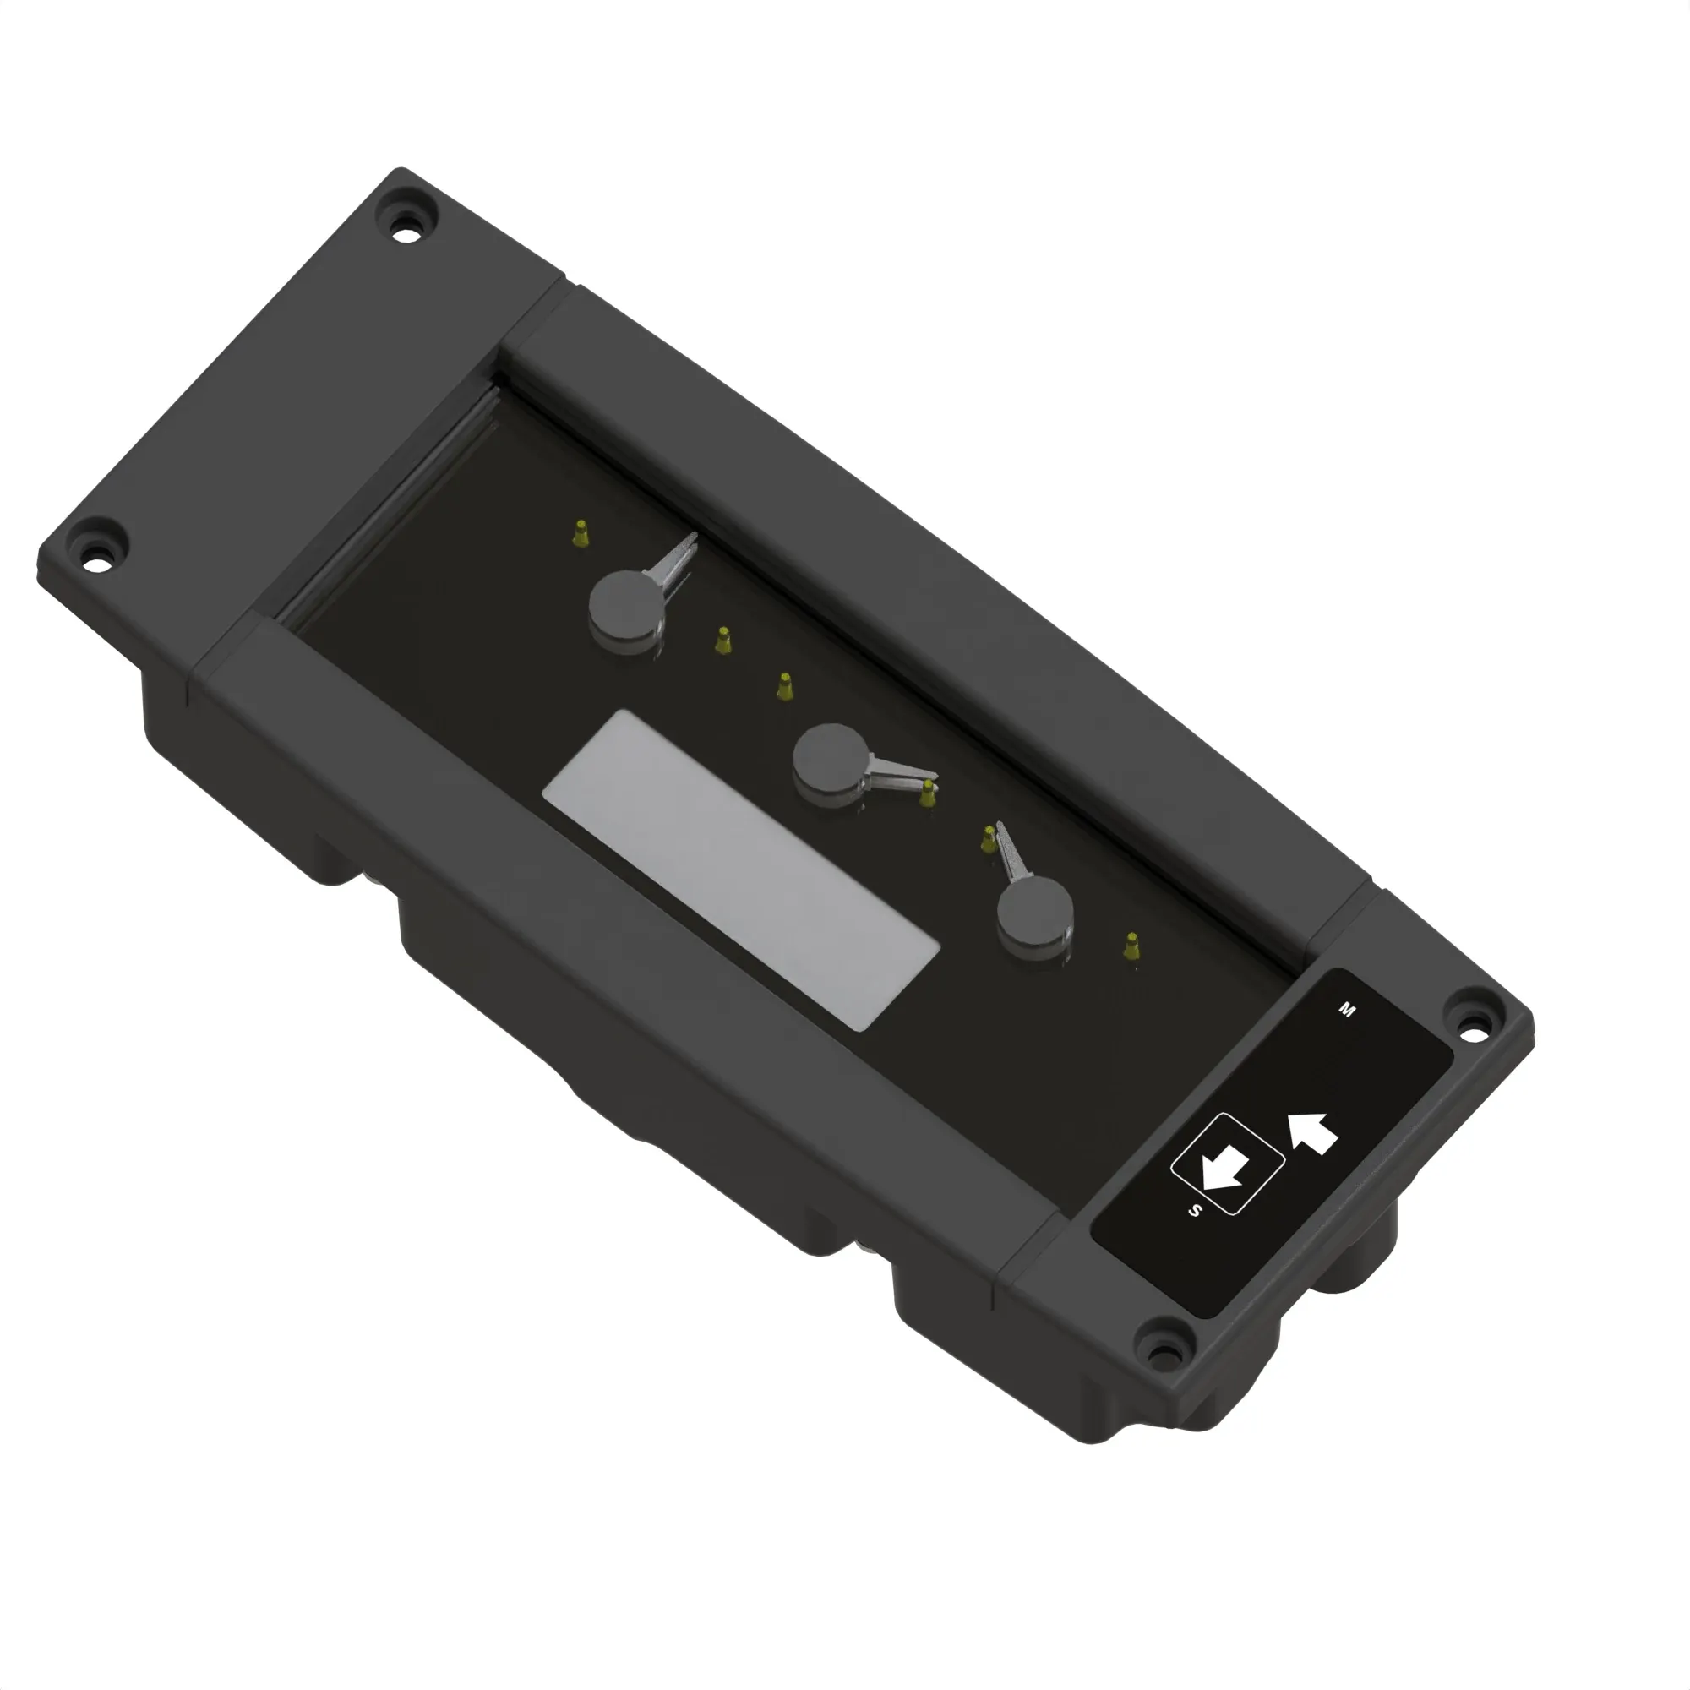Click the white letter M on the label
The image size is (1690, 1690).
(1347, 1011)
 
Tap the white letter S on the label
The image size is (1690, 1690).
(1195, 1211)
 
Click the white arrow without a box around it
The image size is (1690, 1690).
(1313, 1133)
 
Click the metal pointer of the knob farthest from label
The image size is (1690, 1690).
(673, 561)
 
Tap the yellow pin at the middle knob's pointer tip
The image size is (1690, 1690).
(928, 793)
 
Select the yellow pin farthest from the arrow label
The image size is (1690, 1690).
(580, 532)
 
